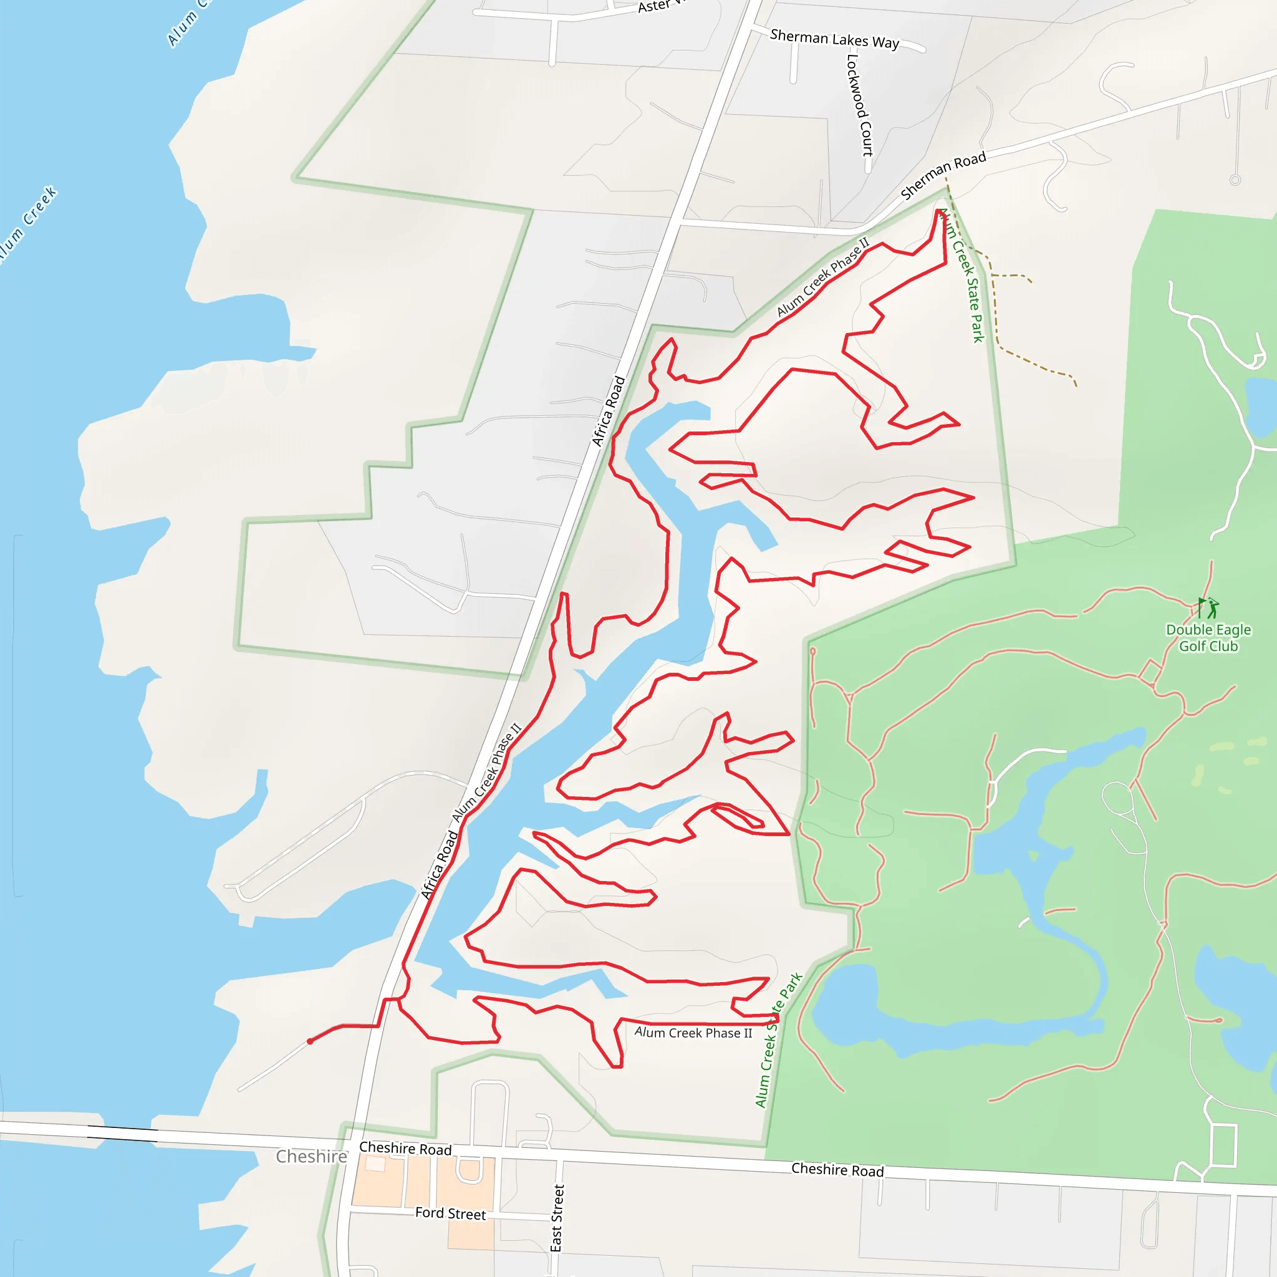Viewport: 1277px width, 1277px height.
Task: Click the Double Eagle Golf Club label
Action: pos(1208,638)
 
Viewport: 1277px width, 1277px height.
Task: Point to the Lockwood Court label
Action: pos(859,105)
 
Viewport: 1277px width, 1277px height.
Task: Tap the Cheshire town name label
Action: pos(311,1156)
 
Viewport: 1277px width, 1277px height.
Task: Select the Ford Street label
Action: pos(450,1213)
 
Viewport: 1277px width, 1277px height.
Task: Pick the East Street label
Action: pos(557,1218)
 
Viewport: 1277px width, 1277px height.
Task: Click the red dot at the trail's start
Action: pos(310,1042)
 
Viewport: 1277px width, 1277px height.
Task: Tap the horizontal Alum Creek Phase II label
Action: pos(693,1033)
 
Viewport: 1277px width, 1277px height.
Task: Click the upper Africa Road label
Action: pos(608,411)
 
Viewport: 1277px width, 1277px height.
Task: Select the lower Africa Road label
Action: pos(440,865)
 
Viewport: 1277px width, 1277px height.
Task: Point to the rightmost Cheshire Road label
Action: pos(837,1169)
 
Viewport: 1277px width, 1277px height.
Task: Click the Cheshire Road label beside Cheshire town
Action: pos(405,1148)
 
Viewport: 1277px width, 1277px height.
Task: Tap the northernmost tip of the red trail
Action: pos(939,211)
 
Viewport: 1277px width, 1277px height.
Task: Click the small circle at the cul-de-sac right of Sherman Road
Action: pos(1235,180)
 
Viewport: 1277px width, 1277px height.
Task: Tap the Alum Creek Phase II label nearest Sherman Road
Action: pos(823,277)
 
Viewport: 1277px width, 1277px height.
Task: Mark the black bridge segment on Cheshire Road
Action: pos(122,1133)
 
